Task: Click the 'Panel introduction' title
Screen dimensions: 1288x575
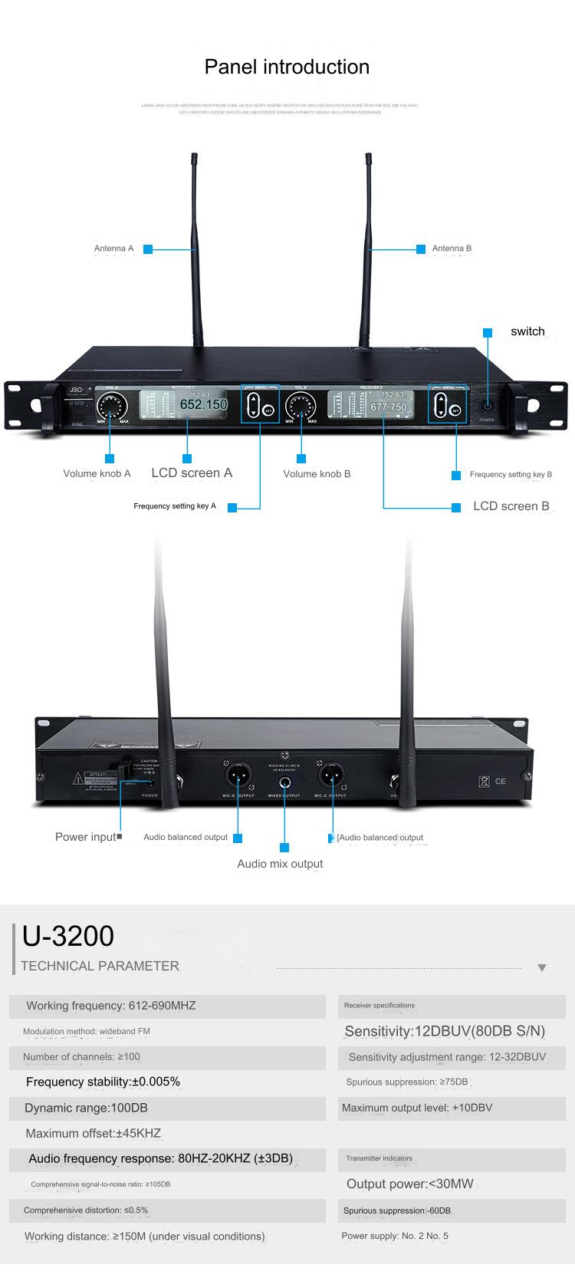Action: pyautogui.click(x=287, y=67)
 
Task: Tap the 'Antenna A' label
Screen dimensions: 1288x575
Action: pyautogui.click(x=113, y=249)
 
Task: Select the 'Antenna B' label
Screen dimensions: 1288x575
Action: pyautogui.click(x=452, y=249)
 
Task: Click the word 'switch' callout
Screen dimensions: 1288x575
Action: pyautogui.click(x=527, y=331)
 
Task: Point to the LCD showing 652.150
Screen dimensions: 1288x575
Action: pyautogui.click(x=184, y=404)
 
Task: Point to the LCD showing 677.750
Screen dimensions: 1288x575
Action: pyautogui.click(x=371, y=405)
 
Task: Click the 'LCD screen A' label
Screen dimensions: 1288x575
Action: pyautogui.click(x=192, y=473)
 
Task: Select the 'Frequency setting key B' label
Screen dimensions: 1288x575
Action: pyautogui.click(x=511, y=474)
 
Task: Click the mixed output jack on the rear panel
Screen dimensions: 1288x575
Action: pyautogui.click(x=284, y=783)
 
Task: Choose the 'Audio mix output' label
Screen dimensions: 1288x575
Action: pyautogui.click(x=280, y=864)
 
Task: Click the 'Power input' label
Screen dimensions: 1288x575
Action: pyautogui.click(x=85, y=837)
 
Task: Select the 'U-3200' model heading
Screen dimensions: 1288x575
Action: pyautogui.click(x=68, y=936)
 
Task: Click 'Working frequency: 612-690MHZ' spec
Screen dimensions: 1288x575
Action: pyautogui.click(x=111, y=1006)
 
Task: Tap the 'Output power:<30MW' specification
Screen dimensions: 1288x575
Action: pyautogui.click(x=410, y=1184)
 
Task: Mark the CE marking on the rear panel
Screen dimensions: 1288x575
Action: pyautogui.click(x=500, y=781)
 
